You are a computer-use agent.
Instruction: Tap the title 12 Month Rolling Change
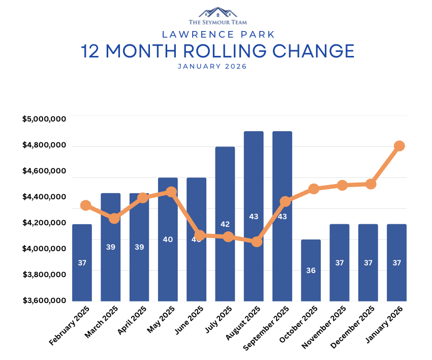tap(218, 51)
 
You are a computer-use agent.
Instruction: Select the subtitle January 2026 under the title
tap(212, 67)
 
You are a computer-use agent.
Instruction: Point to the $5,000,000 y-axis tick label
tap(44, 119)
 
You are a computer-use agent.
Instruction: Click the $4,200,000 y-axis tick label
tap(44, 222)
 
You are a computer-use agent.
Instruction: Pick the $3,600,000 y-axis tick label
tap(44, 300)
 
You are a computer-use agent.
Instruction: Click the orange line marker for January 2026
tap(399, 146)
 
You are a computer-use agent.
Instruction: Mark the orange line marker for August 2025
tap(257, 242)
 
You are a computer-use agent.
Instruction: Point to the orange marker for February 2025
tap(86, 205)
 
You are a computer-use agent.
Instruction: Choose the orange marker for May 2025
tap(171, 192)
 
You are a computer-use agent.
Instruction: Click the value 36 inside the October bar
tap(311, 271)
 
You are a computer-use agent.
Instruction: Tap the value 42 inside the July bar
tap(225, 224)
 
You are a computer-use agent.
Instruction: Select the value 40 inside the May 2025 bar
tap(168, 239)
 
